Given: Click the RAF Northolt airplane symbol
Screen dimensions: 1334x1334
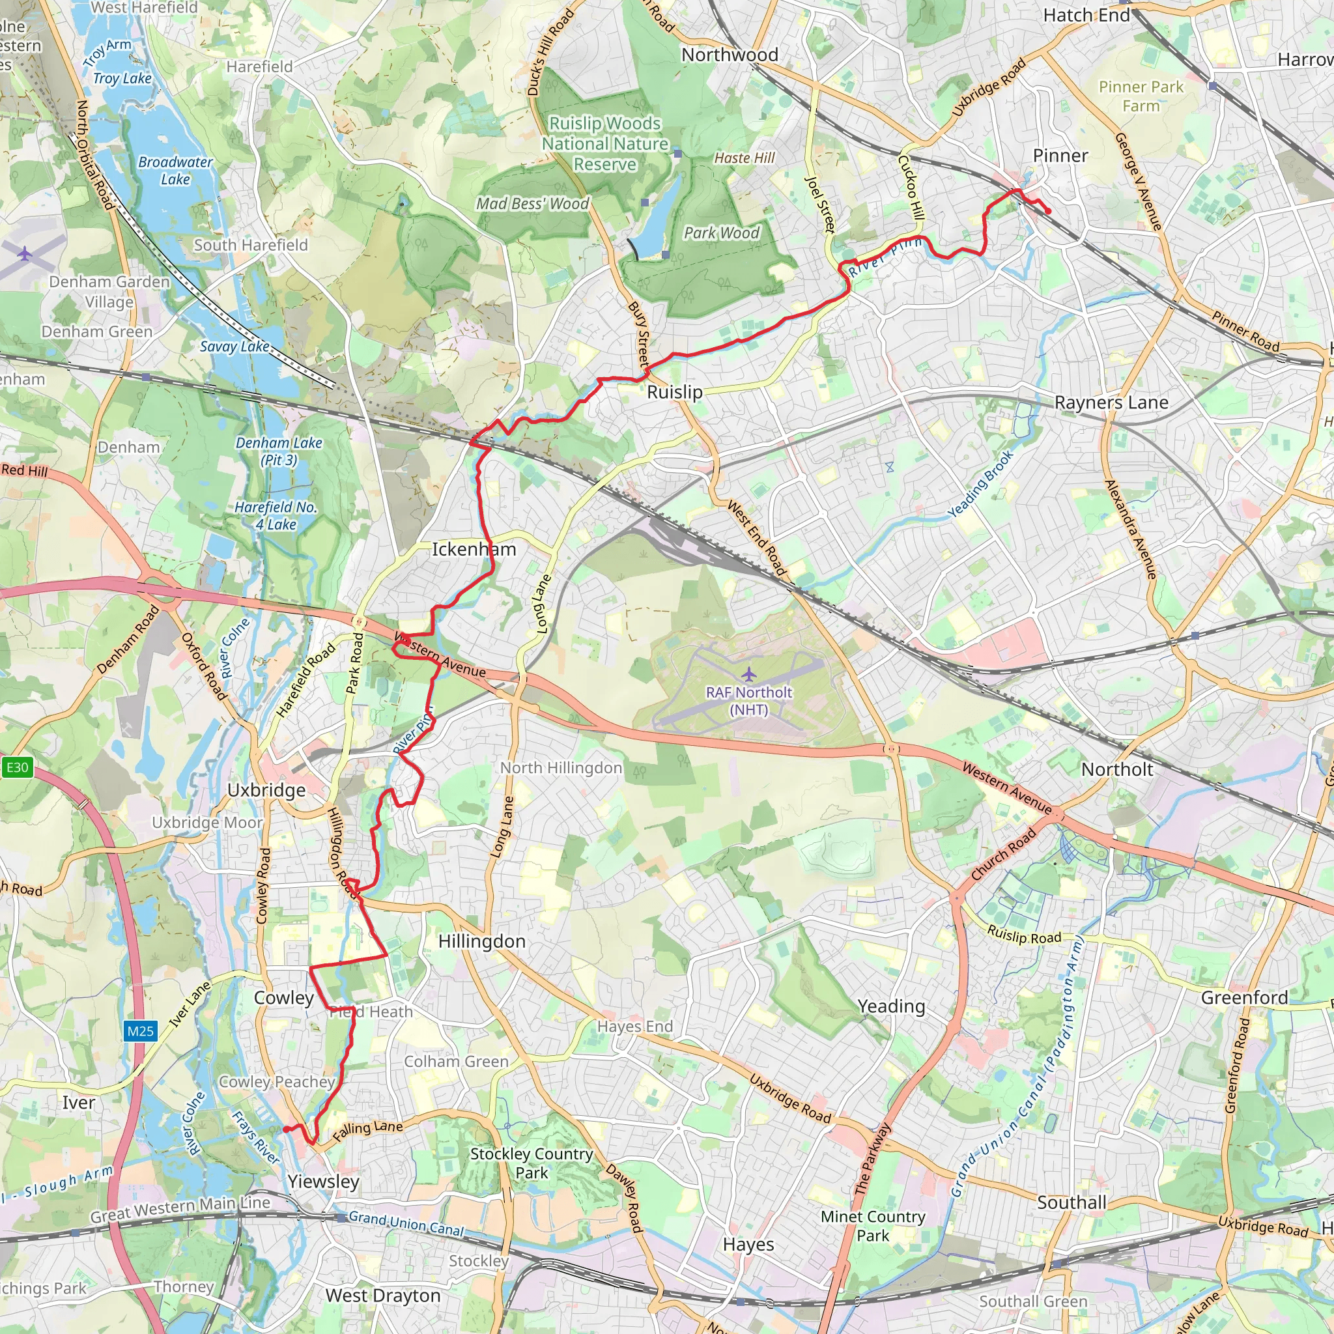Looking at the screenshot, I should (748, 674).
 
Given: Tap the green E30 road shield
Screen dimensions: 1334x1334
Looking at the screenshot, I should (18, 767).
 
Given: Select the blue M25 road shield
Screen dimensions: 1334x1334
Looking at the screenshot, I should (140, 1032).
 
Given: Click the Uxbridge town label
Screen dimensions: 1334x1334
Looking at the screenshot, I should (266, 790).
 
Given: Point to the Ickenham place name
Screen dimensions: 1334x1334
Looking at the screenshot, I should (474, 550).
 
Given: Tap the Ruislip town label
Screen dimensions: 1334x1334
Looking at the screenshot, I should (675, 392).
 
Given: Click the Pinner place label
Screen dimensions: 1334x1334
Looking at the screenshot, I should (1060, 156).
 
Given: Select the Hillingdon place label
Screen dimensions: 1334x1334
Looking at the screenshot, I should (482, 942).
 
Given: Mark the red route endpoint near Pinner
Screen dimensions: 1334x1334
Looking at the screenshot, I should (1048, 211).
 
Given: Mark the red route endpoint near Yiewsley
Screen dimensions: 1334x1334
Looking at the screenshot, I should (285, 1129).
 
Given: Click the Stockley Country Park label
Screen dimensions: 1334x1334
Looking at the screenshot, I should (532, 1163).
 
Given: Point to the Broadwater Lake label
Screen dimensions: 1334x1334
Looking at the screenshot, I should (175, 171).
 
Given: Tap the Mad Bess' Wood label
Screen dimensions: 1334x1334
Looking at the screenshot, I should (532, 204).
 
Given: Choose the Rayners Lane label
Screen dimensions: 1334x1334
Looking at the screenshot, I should (1111, 403).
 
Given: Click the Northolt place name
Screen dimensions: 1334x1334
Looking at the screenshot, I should (1116, 770).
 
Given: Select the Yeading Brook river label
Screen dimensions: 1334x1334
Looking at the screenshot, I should (980, 484).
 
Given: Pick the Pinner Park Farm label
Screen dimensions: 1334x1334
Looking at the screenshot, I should (1141, 96).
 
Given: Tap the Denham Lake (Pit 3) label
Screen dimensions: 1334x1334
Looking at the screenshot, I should (279, 451).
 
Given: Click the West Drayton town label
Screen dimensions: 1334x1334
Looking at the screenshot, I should (382, 1296).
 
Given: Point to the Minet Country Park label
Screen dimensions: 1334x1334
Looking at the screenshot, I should (873, 1226).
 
